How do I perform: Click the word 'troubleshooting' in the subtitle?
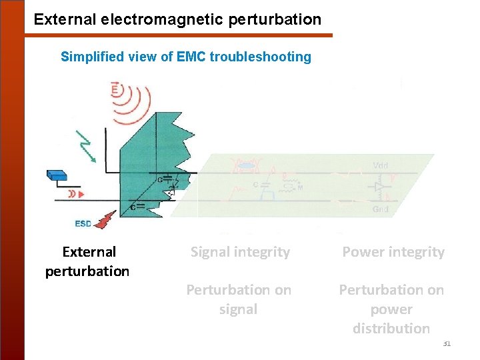[260, 57]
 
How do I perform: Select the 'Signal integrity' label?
[240, 252]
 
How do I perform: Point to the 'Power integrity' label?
[393, 252]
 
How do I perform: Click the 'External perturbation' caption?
[88, 261]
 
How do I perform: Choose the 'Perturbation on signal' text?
[239, 299]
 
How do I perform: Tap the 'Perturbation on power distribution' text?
[391, 309]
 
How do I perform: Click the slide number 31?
[447, 343]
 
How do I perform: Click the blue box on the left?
[57, 175]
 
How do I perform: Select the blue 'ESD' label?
[83, 223]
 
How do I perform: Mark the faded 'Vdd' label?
[381, 165]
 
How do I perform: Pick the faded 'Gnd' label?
[381, 209]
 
